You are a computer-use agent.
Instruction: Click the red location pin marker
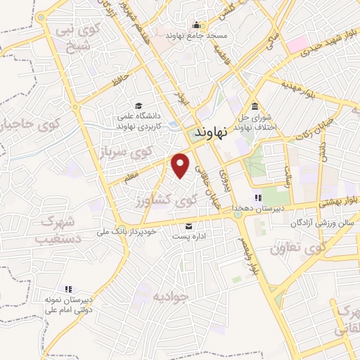(x=181, y=164)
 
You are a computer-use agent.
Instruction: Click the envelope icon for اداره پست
(x=189, y=226)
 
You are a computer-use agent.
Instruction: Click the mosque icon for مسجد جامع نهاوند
(x=170, y=32)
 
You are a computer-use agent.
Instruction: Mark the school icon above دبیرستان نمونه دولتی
(x=68, y=289)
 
